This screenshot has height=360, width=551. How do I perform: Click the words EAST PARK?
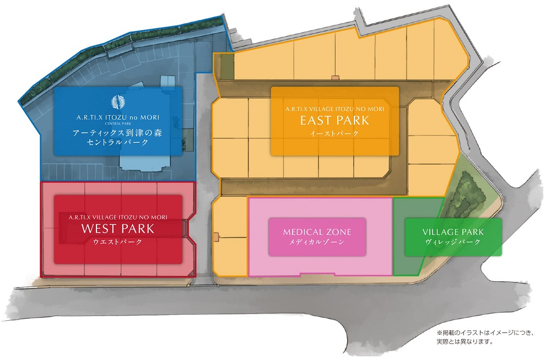(334, 120)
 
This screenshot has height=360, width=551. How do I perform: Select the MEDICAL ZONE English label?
(317, 232)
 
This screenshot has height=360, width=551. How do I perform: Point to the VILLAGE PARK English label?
(453, 232)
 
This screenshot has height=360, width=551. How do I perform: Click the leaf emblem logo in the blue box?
(118, 103)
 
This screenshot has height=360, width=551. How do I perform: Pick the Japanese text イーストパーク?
(334, 133)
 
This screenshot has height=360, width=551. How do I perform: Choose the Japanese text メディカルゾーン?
(317, 242)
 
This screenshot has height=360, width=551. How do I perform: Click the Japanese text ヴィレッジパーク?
(453, 242)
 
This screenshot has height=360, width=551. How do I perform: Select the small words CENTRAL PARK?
(118, 124)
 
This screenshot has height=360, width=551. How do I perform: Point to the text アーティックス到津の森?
(118, 133)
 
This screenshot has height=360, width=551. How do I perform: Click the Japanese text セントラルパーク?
(118, 143)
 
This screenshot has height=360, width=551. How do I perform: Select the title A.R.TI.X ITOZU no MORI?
(118, 117)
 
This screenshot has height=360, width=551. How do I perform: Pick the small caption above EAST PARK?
(334, 109)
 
